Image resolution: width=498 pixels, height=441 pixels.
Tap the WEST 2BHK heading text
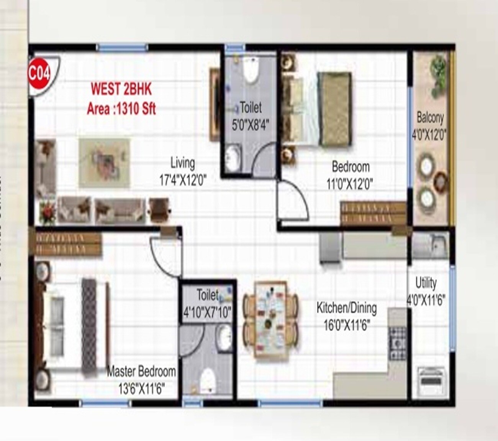(121, 89)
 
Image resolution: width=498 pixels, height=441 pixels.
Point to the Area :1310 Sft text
(121, 109)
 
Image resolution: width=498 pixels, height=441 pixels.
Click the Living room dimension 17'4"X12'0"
(183, 180)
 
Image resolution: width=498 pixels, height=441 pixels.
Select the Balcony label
(430, 117)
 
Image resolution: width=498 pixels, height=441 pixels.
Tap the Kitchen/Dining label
(346, 308)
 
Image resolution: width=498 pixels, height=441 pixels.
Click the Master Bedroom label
(141, 371)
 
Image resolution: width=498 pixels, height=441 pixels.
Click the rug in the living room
(105, 163)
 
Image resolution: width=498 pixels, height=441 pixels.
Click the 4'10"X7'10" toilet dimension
(207, 313)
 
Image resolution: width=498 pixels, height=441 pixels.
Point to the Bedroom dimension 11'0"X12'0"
(350, 184)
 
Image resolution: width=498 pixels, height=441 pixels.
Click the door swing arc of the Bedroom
(295, 199)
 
